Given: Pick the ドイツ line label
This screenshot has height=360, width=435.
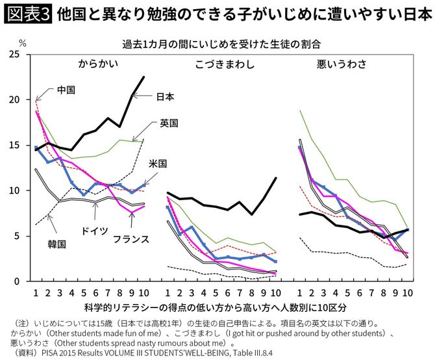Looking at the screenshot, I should coord(94,231).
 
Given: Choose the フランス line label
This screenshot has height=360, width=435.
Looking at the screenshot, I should coord(132,238).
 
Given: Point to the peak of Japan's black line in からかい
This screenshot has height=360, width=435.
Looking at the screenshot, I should coord(144,77).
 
